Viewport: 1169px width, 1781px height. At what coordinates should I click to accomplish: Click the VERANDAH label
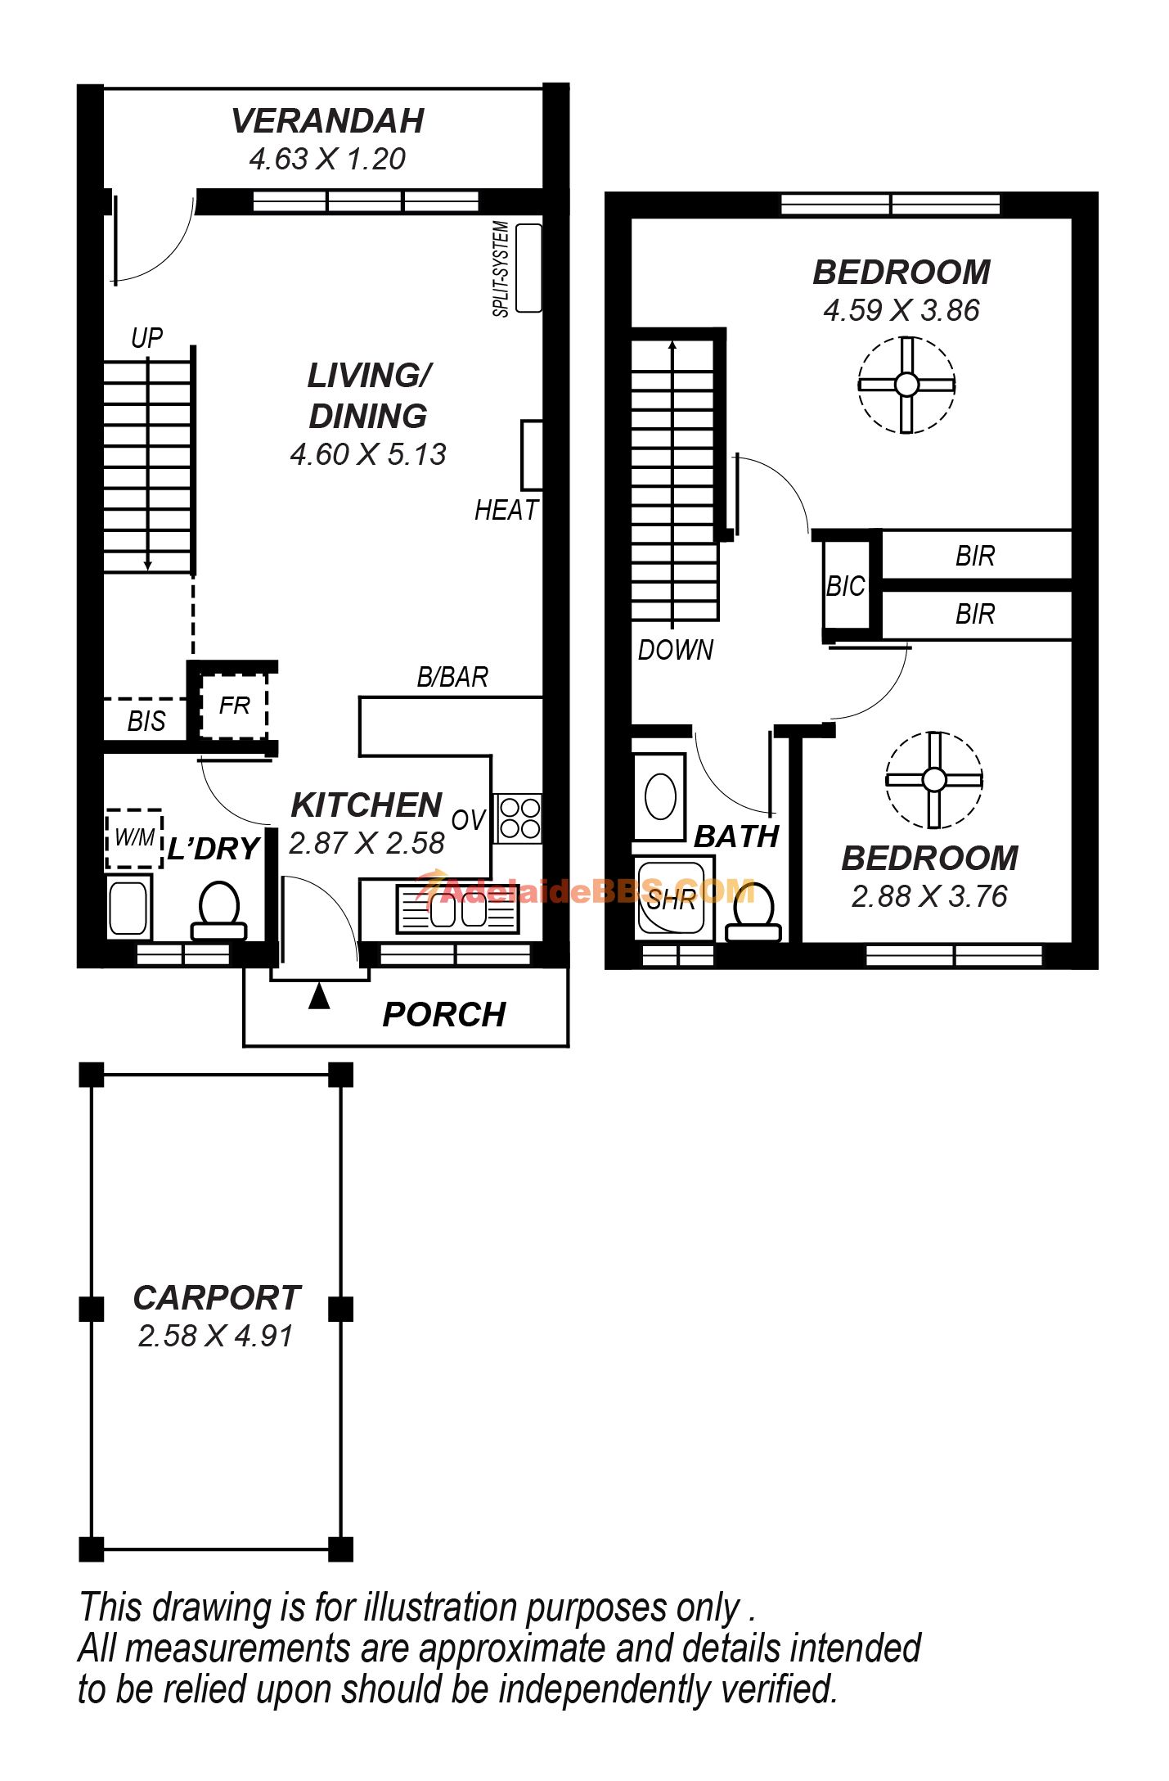[x=327, y=121]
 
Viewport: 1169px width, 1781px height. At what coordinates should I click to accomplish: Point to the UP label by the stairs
[x=147, y=337]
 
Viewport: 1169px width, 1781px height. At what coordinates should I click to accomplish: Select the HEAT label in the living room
[x=506, y=510]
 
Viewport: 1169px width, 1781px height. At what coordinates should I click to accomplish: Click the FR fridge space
[x=234, y=705]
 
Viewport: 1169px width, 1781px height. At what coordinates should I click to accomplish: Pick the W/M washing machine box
[x=134, y=838]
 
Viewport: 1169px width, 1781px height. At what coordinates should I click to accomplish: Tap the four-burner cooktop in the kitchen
[x=519, y=818]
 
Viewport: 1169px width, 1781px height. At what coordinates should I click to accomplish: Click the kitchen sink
[x=457, y=909]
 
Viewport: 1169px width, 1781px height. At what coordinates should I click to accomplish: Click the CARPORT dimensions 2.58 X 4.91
[x=215, y=1336]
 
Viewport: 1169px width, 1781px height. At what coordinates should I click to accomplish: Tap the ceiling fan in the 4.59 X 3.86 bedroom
[x=906, y=384]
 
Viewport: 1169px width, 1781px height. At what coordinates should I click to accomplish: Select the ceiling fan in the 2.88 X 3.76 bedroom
[x=934, y=779]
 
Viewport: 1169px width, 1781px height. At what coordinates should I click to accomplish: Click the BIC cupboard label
[x=845, y=586]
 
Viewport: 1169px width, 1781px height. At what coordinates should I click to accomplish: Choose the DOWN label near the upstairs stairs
[x=676, y=650]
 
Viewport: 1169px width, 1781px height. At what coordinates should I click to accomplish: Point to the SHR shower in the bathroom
[x=671, y=899]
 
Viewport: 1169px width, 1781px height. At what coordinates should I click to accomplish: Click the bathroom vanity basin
[x=660, y=796]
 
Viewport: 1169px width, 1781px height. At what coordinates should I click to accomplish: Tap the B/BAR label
[x=452, y=677]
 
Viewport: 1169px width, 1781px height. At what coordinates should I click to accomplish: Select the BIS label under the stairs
[x=146, y=721]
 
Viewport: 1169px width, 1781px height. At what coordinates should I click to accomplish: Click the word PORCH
[x=444, y=1015]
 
